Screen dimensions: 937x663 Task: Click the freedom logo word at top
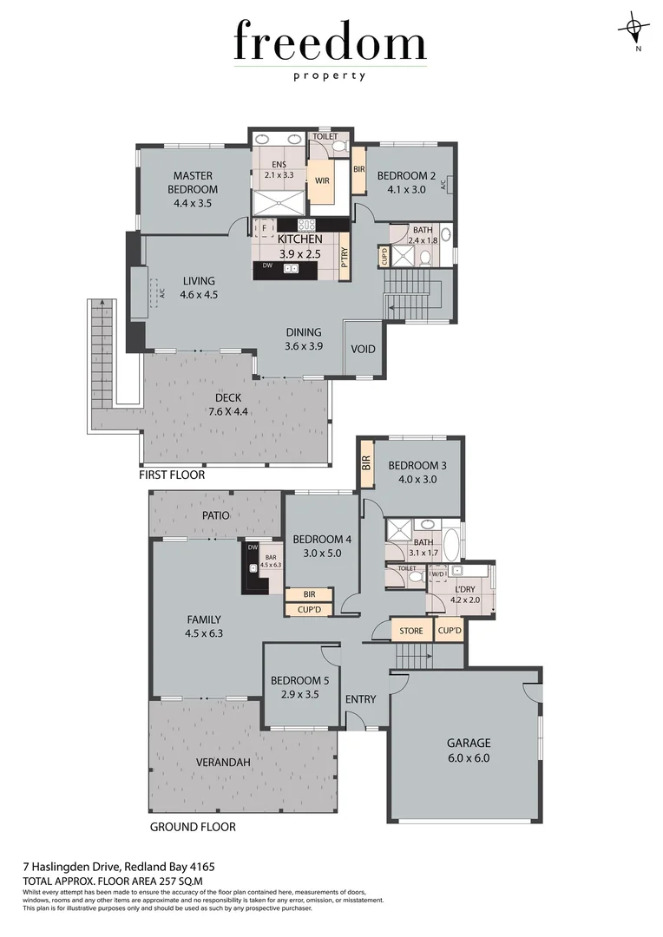(330, 43)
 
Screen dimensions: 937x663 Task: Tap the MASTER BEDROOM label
(194, 182)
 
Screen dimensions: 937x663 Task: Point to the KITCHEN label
(299, 239)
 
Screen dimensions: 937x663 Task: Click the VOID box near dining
(363, 349)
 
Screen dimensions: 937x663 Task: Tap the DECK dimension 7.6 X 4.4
(228, 411)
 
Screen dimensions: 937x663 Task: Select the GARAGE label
(469, 743)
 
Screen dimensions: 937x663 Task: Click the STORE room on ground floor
(411, 631)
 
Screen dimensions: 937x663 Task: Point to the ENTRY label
(360, 699)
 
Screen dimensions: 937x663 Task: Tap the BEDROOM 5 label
(294, 680)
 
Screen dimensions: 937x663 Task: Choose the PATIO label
(215, 514)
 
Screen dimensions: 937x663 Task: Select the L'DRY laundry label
(464, 591)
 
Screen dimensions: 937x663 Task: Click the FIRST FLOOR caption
(172, 475)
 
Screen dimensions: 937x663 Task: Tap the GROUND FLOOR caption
(193, 827)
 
